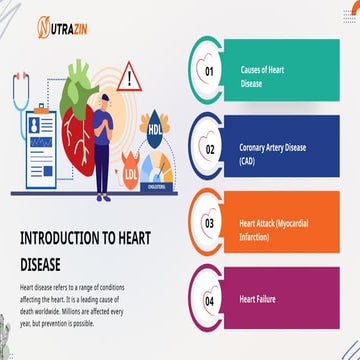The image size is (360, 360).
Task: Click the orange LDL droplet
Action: [x=132, y=175]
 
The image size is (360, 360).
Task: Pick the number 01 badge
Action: [x=210, y=72]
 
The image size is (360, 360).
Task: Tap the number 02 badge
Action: [x=210, y=149]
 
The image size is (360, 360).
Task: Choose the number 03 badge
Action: [x=210, y=224]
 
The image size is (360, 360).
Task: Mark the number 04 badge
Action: [x=210, y=300]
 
